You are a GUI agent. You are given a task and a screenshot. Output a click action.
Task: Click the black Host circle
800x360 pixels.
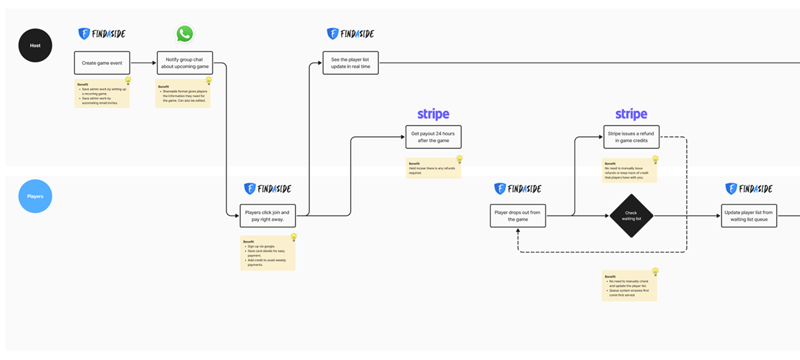[x=35, y=45]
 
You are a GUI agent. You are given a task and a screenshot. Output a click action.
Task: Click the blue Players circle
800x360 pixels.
[x=35, y=196]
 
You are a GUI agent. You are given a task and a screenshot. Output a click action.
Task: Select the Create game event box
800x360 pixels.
[x=102, y=63]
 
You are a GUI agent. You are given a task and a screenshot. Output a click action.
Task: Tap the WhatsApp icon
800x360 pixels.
[x=184, y=33]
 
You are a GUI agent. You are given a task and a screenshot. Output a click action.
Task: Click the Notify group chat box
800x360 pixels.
[x=184, y=63]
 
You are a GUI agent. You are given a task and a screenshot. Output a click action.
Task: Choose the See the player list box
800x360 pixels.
[x=350, y=63]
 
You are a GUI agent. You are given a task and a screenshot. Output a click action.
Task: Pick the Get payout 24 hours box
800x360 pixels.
[x=433, y=137]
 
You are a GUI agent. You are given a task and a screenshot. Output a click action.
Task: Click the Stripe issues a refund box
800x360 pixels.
[x=631, y=137]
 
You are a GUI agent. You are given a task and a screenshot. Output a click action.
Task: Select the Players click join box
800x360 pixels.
[x=267, y=215]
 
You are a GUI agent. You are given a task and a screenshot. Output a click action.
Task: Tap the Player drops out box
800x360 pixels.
[x=517, y=215]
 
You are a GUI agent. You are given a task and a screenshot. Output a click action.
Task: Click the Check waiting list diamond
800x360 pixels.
[x=631, y=215]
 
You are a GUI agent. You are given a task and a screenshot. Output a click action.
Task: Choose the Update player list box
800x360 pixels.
[x=748, y=215]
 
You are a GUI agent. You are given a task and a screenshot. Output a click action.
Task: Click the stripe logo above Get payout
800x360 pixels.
[x=433, y=114]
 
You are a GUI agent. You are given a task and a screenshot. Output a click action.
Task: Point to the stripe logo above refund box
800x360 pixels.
[x=631, y=114]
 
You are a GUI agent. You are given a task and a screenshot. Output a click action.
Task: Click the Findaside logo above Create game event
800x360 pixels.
[x=102, y=33]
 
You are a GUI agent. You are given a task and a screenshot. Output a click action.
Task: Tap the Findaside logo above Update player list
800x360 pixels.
[x=748, y=188]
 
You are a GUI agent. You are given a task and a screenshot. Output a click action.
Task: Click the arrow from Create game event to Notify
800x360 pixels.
[x=143, y=63]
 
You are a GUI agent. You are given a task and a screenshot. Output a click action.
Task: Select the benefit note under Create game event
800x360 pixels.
[x=102, y=93]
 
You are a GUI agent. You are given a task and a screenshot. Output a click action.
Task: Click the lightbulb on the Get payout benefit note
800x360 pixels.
[x=459, y=159]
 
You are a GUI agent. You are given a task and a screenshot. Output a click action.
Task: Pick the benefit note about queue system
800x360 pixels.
[x=629, y=286]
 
